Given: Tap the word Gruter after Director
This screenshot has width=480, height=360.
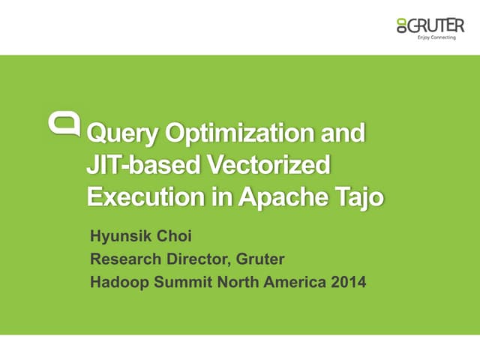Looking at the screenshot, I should click(x=261, y=261).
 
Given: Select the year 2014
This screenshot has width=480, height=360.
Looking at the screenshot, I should click(x=343, y=283).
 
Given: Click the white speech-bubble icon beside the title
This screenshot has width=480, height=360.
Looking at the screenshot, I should click(x=65, y=123).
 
